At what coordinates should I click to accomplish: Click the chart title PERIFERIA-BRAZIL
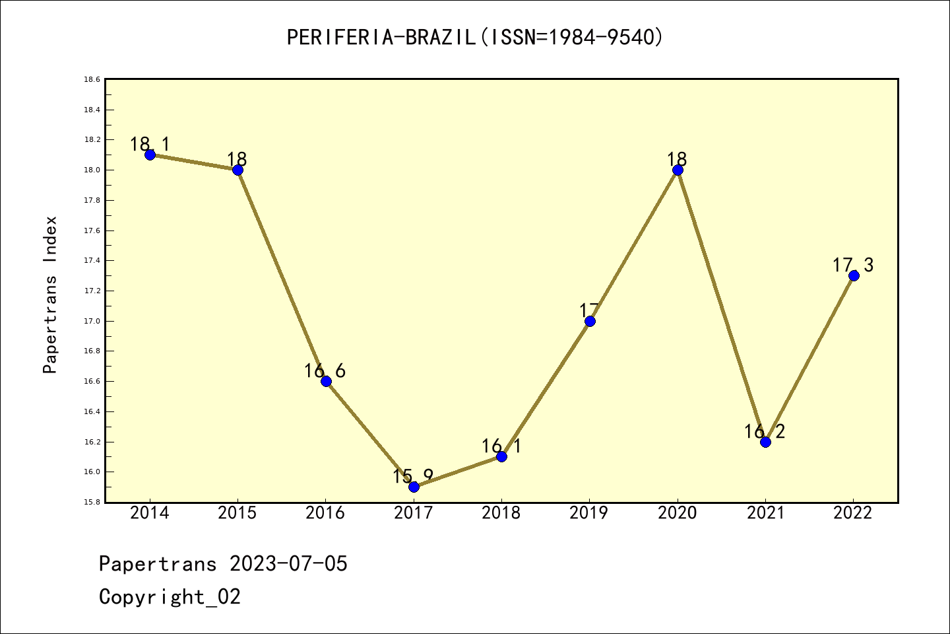(474, 37)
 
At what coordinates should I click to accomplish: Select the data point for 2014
(150, 155)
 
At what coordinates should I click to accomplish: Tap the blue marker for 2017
(414, 487)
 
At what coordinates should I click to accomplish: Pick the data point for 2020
(678, 170)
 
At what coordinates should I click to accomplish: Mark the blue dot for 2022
(854, 275)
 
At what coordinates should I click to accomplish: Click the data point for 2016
(326, 381)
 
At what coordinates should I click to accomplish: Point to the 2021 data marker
(765, 442)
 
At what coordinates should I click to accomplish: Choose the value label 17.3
(852, 265)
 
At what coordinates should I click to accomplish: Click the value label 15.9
(413, 475)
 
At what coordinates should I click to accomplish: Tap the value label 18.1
(150, 143)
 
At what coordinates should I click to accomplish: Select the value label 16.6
(325, 370)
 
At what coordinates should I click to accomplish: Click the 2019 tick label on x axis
(589, 512)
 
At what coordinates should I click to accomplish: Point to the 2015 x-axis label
(237, 512)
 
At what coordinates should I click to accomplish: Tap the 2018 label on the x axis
(501, 512)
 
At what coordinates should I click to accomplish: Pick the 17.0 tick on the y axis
(92, 321)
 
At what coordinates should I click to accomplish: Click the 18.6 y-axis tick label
(92, 79)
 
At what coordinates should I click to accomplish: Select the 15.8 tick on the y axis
(92, 502)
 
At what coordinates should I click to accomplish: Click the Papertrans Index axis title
(50, 295)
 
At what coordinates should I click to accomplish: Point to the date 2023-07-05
(288, 563)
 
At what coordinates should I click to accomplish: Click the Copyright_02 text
(170, 596)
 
